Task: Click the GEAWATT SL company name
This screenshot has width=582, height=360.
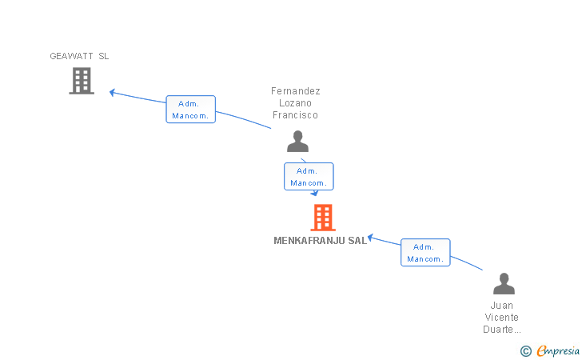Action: click(79, 56)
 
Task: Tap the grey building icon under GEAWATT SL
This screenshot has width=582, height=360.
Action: click(82, 81)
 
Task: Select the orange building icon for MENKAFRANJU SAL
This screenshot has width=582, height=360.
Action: click(323, 218)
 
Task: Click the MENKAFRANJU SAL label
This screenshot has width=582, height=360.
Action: click(321, 241)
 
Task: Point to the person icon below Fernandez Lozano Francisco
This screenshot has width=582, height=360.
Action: click(297, 141)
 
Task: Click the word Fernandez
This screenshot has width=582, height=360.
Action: click(296, 91)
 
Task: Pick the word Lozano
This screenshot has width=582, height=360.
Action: click(295, 103)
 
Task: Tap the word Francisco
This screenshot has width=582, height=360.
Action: click(295, 115)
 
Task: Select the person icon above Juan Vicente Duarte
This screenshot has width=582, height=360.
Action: click(504, 283)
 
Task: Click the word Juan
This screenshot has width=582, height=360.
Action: click(502, 306)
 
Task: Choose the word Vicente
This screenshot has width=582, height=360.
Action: click(501, 318)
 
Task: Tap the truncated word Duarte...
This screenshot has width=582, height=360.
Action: click(502, 330)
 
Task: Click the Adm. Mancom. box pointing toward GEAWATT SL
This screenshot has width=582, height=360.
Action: click(191, 110)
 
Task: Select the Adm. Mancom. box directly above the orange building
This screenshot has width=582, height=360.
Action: click(309, 177)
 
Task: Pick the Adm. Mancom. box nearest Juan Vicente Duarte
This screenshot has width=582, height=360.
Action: click(425, 253)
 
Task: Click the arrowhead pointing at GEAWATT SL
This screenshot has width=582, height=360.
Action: click(112, 93)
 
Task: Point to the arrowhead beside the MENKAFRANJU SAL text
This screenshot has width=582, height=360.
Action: click(370, 238)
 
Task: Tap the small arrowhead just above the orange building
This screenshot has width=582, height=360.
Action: click(315, 193)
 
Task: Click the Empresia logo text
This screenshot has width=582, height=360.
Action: click(558, 350)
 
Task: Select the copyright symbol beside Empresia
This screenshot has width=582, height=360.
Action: click(526, 351)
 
